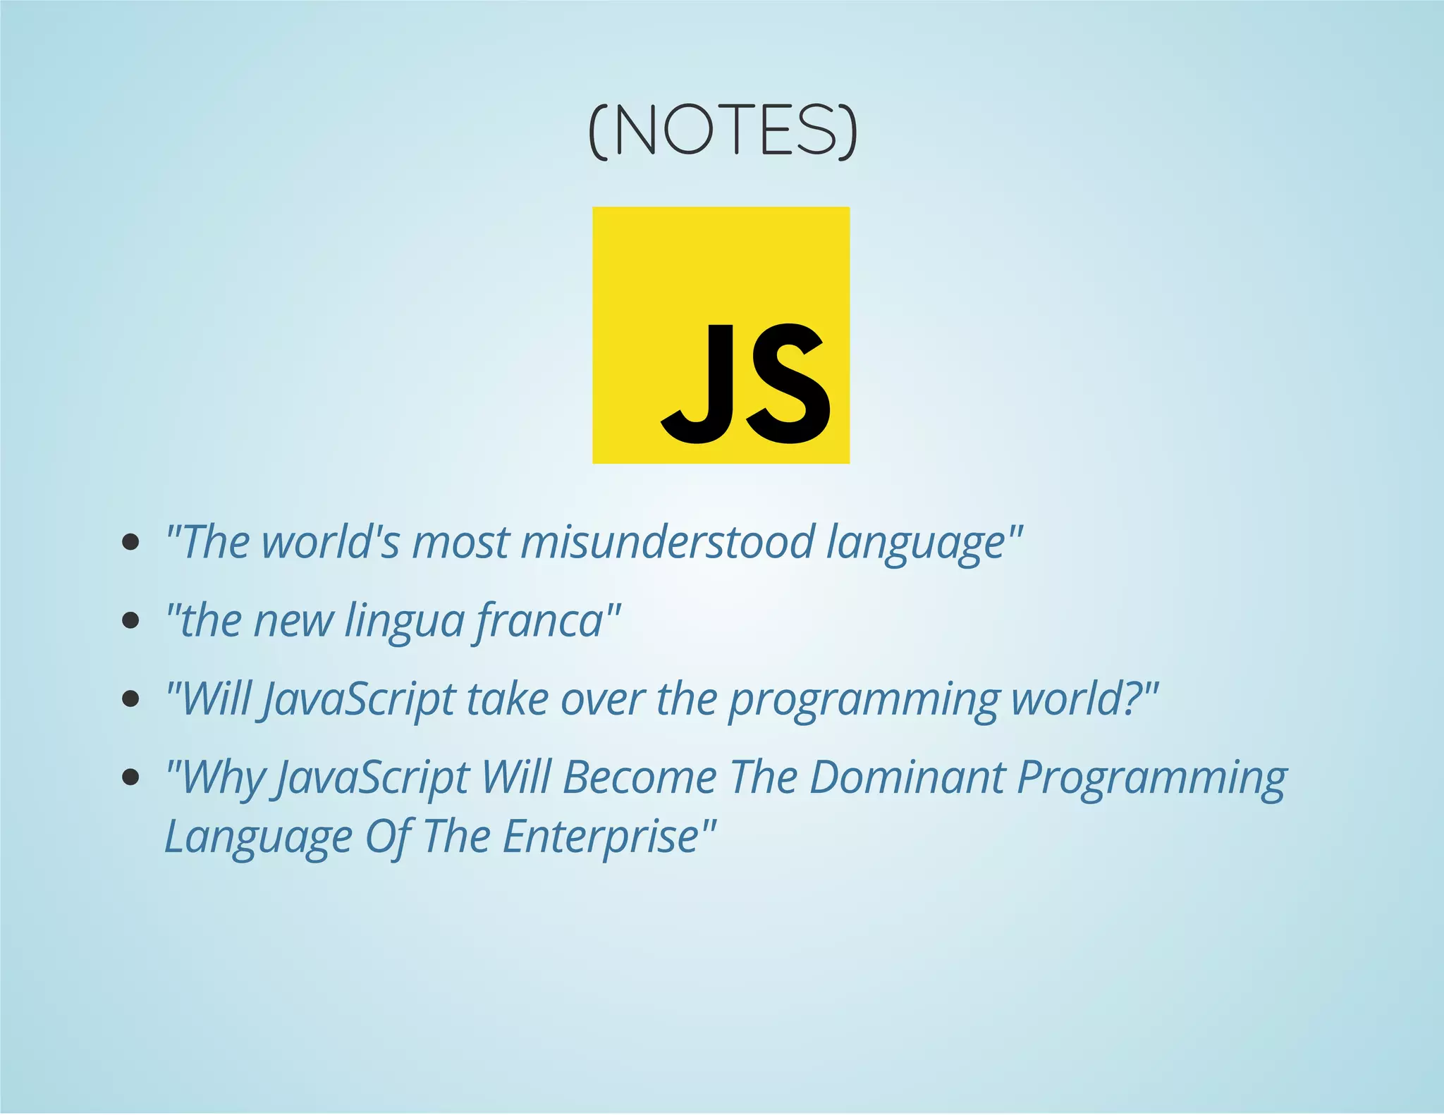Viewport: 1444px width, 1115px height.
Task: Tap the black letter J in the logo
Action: click(694, 384)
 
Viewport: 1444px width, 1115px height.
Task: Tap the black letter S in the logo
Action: click(788, 384)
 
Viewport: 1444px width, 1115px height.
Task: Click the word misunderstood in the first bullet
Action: click(666, 543)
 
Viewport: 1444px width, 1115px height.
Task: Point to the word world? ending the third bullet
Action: click(1075, 699)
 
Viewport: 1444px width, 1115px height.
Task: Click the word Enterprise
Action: click(600, 837)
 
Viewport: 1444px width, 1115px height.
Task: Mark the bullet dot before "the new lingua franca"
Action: click(130, 620)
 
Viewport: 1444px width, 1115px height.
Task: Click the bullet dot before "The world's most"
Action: click(130, 542)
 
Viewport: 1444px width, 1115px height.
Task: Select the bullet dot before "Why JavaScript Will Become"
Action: click(130, 777)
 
